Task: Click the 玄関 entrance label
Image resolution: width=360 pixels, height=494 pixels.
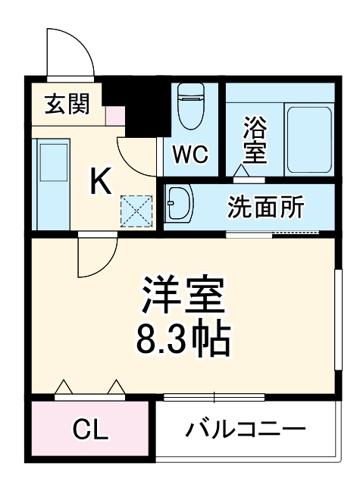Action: (x=67, y=105)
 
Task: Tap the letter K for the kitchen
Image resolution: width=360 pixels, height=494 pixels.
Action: (x=101, y=180)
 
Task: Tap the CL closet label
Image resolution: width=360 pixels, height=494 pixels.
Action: (x=89, y=430)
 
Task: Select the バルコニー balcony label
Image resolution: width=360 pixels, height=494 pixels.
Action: (x=246, y=430)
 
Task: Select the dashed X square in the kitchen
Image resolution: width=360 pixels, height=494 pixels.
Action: (x=137, y=211)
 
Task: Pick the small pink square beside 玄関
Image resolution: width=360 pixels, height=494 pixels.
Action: (x=114, y=116)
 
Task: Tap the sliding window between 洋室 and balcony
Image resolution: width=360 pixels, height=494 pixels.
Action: (x=214, y=396)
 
